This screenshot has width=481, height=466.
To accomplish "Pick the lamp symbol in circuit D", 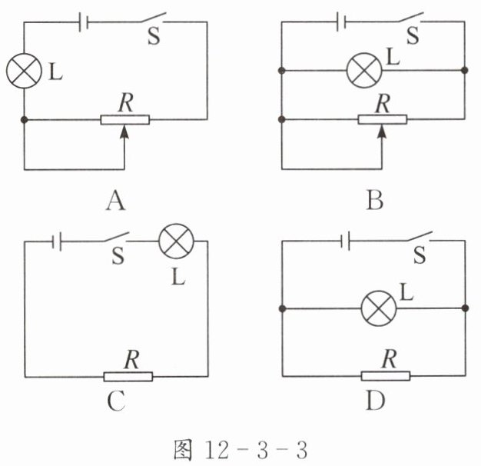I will pos(378,309).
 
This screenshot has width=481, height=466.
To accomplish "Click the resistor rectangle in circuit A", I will pos(125,120).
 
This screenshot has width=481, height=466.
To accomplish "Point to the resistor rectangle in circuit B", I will pos(383,120).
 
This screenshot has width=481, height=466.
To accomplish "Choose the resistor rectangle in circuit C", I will pos(128,376).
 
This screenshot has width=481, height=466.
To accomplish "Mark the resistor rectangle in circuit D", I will pos(385,376).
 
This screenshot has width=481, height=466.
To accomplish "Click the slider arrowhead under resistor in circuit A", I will pos(125,132).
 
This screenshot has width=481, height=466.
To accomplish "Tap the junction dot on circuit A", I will pos(25,120).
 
